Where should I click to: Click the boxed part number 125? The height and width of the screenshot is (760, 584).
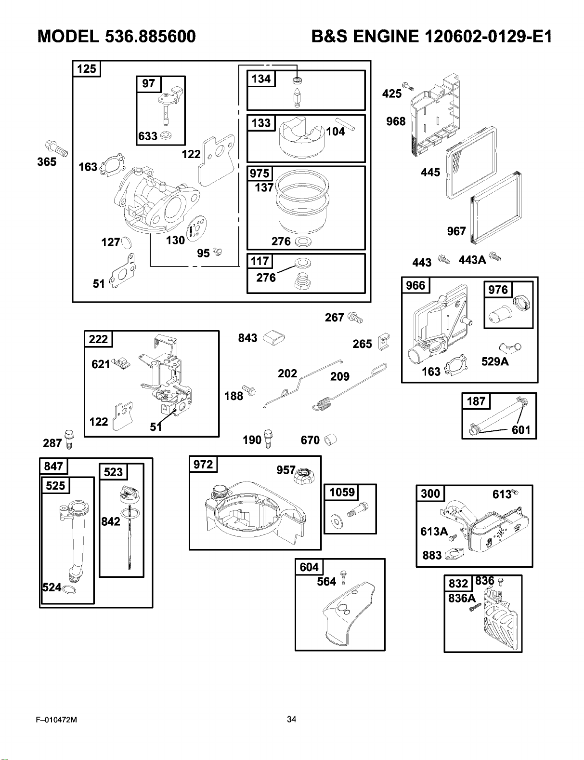click(86, 68)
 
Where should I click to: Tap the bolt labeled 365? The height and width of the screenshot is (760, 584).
click(57, 148)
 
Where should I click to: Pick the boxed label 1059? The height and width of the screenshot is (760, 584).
click(342, 493)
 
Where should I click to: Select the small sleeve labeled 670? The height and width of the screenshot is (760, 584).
click(330, 440)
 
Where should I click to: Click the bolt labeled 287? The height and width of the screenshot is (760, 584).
click(69, 440)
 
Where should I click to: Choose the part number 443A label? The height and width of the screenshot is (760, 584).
click(472, 260)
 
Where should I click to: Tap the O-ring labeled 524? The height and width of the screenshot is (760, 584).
click(69, 590)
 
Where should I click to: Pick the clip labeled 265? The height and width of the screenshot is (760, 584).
click(384, 342)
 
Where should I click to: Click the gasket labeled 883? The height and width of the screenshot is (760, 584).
click(454, 554)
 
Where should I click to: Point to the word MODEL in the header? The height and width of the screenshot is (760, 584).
click(68, 36)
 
